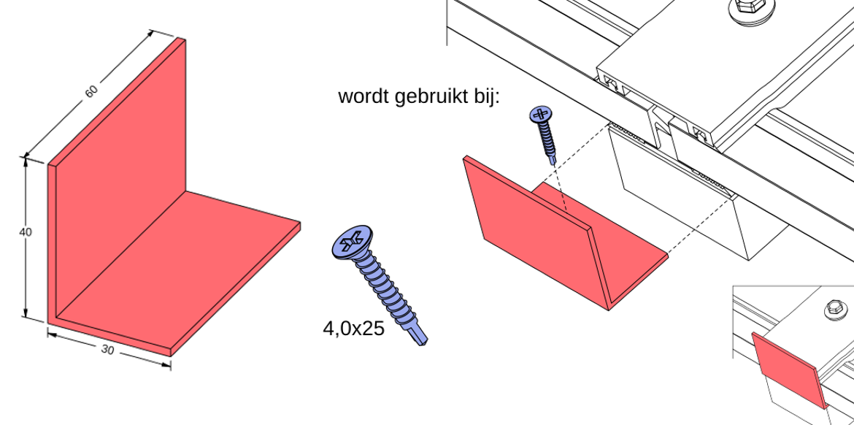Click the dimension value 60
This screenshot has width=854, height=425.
[x=91, y=91]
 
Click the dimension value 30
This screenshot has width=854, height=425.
[x=108, y=351]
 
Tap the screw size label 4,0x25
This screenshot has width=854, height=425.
[x=353, y=329]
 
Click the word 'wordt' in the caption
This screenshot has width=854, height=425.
[x=363, y=97]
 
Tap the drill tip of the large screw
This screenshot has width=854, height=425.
[x=420, y=337]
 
